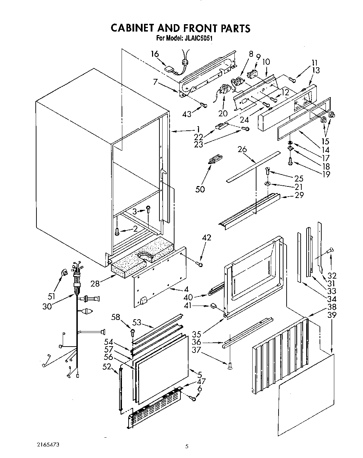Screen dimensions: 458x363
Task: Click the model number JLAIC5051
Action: click(x=197, y=38)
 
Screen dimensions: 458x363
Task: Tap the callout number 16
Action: click(x=155, y=54)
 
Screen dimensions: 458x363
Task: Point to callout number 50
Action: click(x=200, y=189)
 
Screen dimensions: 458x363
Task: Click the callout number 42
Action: click(x=207, y=238)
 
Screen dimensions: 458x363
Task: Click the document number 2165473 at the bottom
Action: click(x=48, y=445)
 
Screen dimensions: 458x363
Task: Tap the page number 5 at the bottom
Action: click(x=187, y=446)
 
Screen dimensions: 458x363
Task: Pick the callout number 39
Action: click(x=332, y=315)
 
